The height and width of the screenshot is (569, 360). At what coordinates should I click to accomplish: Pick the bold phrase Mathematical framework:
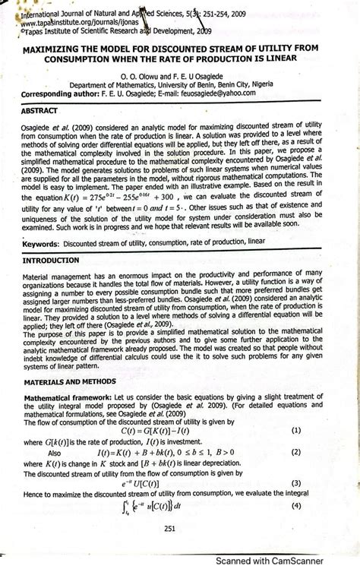(x=67, y=397)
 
